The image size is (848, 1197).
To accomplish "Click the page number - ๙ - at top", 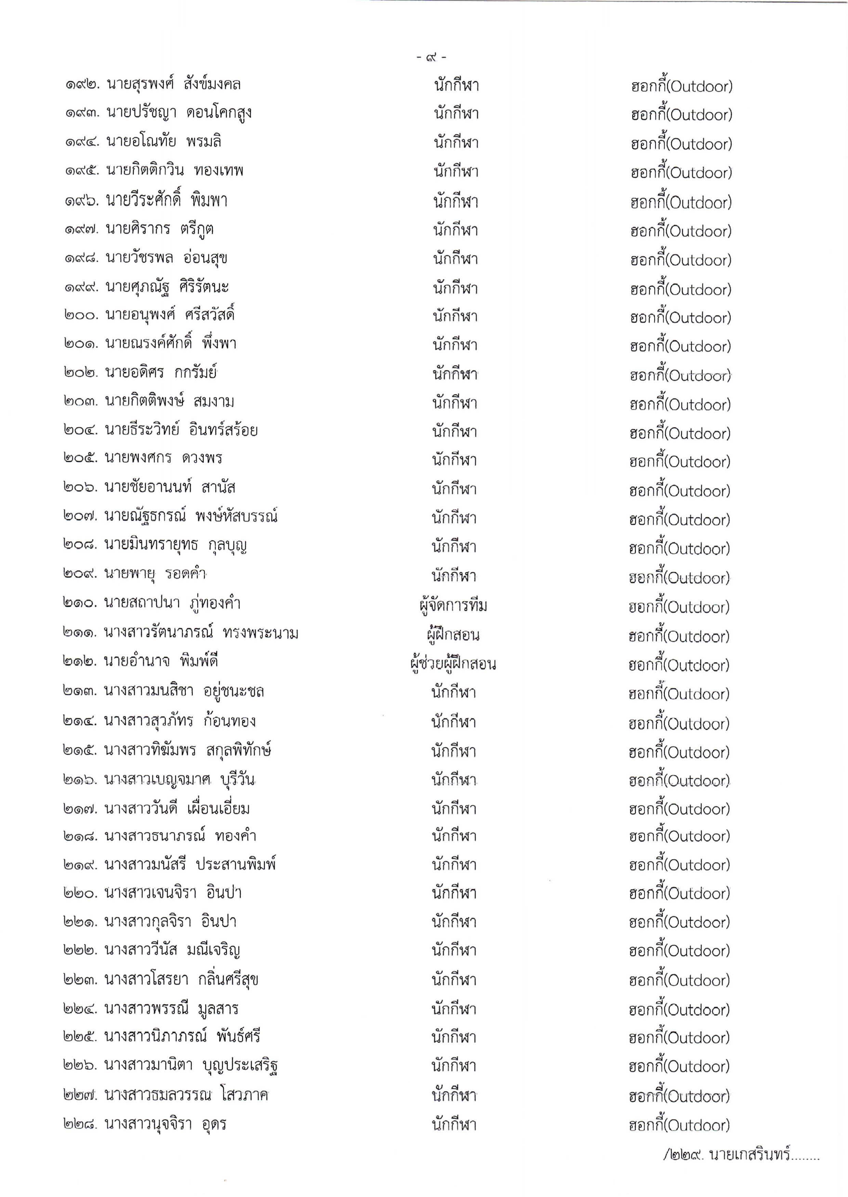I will [431, 57].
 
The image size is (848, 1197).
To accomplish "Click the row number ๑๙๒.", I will [82, 84].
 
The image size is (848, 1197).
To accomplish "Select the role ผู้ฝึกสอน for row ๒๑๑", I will [453, 634].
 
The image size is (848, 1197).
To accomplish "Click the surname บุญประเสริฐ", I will [240, 1066].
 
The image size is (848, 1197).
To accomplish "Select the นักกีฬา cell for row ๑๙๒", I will [456, 85].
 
